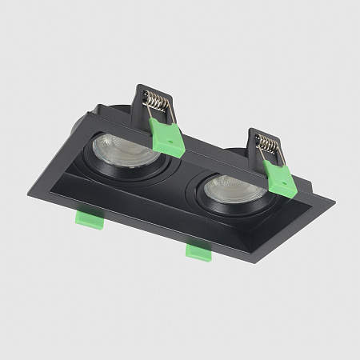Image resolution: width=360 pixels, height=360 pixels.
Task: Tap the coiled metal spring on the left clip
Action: [x=157, y=103]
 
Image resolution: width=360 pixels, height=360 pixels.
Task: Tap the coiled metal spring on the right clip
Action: [x=269, y=145]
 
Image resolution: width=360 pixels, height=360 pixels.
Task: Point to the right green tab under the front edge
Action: [x=197, y=251]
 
